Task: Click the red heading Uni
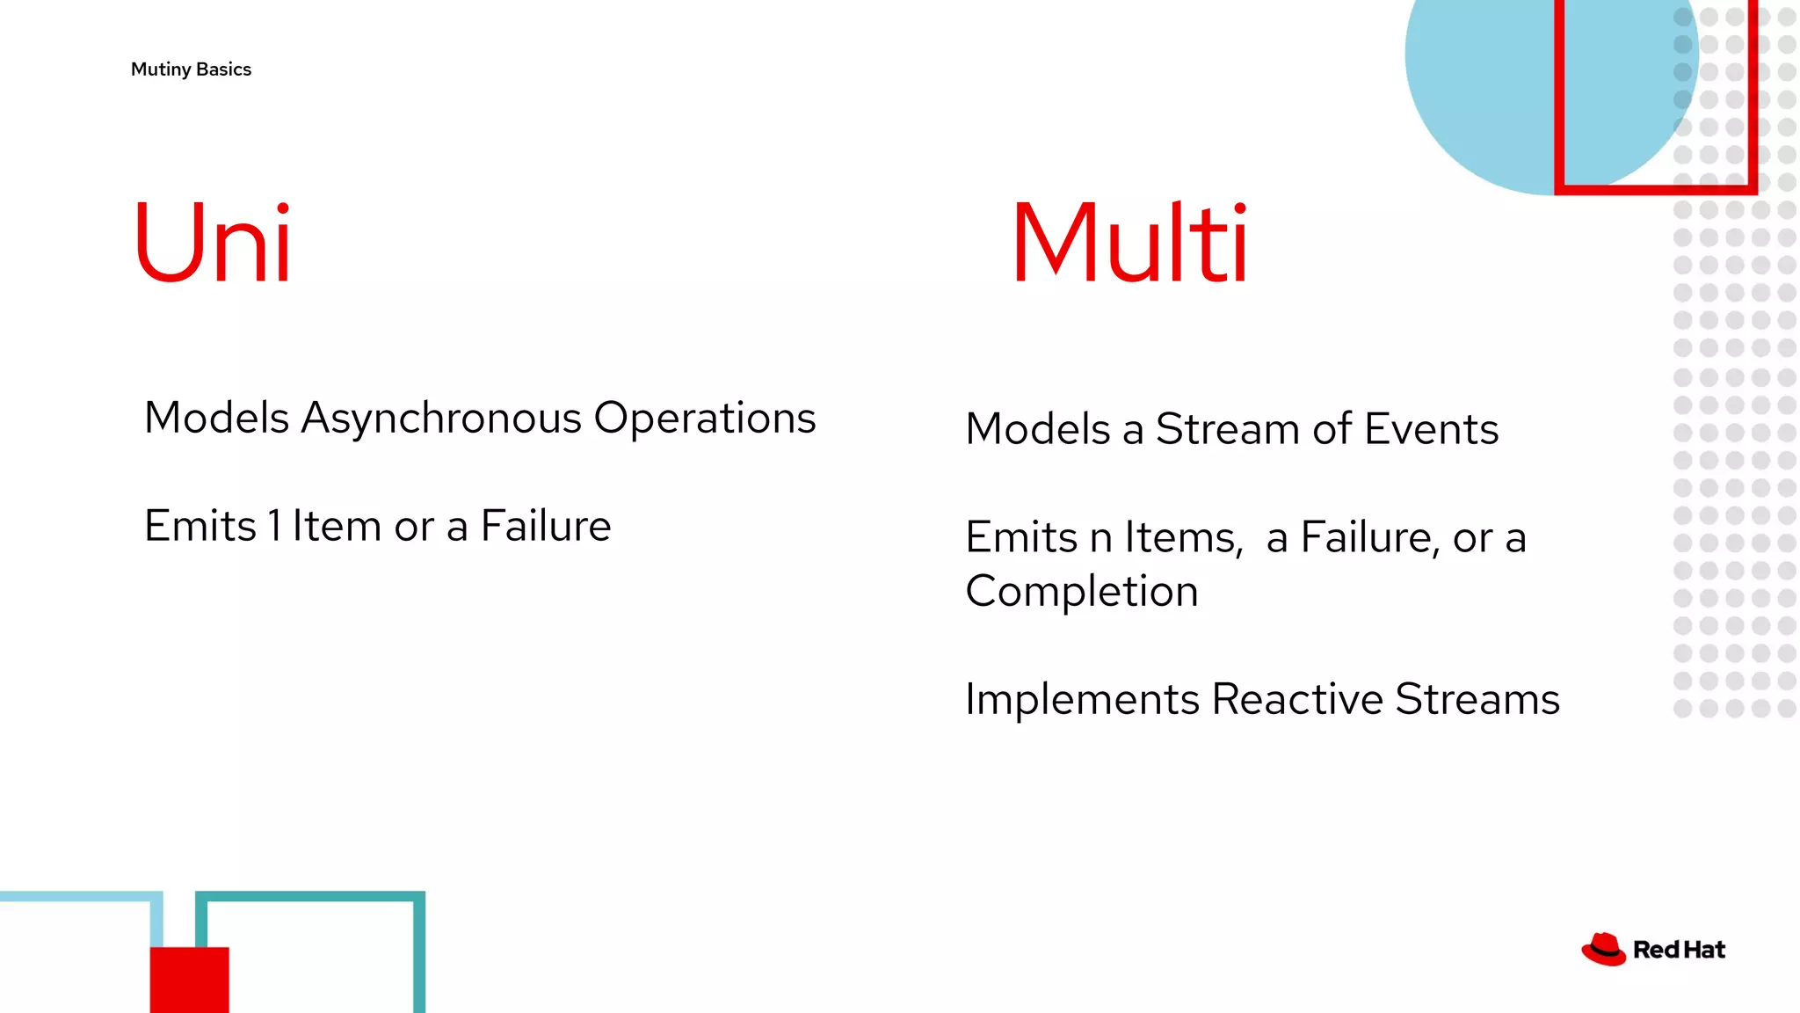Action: pos(212,243)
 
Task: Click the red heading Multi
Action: pos(1129,243)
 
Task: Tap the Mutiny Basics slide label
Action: pos(191,69)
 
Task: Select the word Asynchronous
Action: pos(441,419)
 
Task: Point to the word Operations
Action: pos(705,419)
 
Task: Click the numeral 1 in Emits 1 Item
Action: pos(275,526)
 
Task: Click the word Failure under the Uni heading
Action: pos(545,526)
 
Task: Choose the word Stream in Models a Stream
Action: pos(1228,429)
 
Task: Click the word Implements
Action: pos(1082,700)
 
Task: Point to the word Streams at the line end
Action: pos(1477,700)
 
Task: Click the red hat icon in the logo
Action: pos(1603,950)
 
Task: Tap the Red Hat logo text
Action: pos(1679,950)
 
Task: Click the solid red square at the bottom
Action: pos(189,980)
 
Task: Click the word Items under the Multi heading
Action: pos(1184,537)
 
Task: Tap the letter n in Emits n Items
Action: pos(1101,538)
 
